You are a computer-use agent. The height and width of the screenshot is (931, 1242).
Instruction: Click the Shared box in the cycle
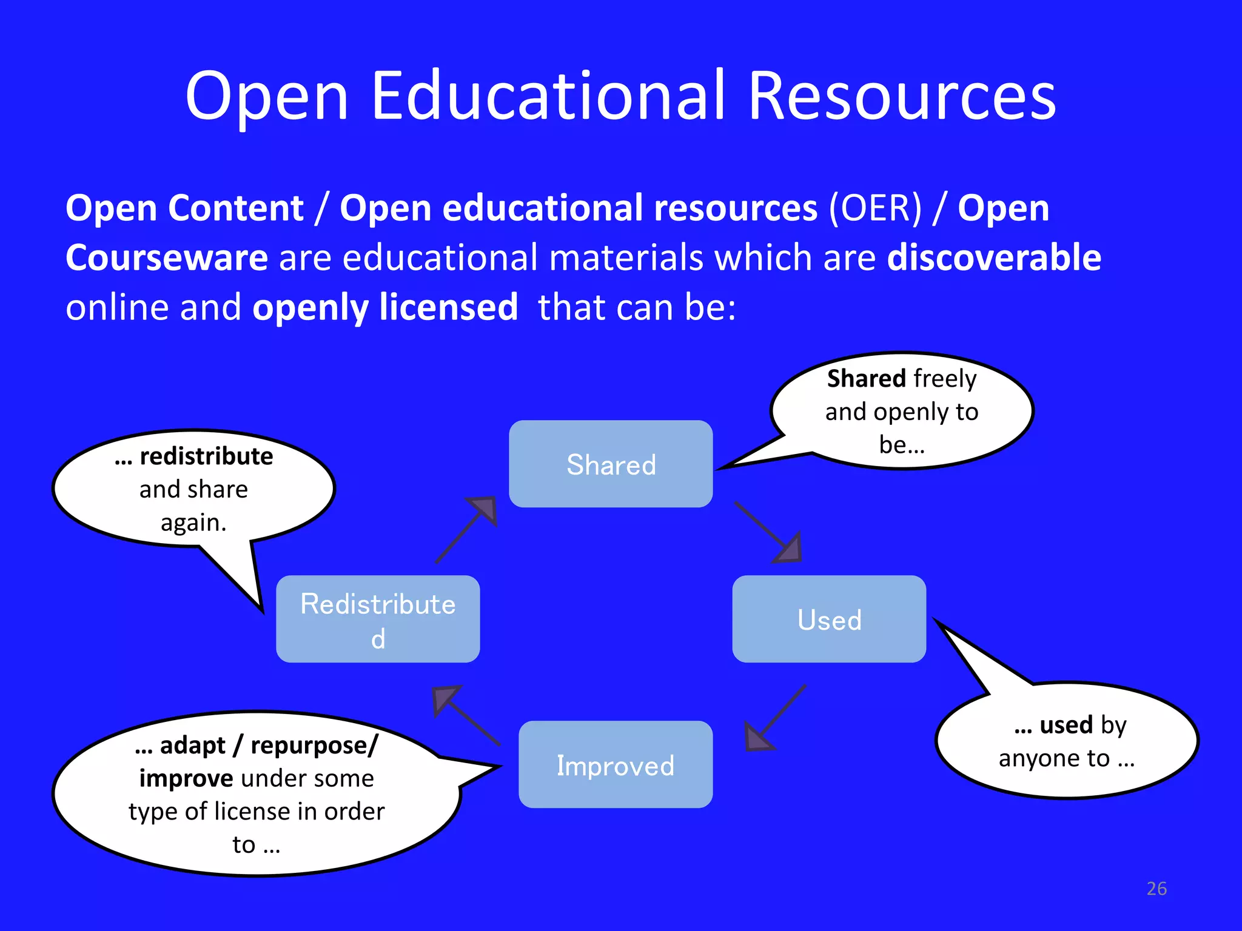click(x=611, y=464)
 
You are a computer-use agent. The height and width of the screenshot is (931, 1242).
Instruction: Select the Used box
click(x=829, y=619)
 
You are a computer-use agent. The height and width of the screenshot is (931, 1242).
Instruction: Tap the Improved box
click(x=616, y=764)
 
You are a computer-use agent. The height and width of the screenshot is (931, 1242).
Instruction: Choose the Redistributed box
click(x=378, y=619)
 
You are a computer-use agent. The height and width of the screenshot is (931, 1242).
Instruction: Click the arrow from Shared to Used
click(x=769, y=533)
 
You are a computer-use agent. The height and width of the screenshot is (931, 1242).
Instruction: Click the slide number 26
click(x=1156, y=889)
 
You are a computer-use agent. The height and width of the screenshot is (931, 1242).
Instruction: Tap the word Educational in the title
click(x=548, y=96)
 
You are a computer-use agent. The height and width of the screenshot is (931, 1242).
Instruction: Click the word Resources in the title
click(x=902, y=96)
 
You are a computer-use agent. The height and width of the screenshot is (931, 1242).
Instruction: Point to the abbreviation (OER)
click(x=876, y=209)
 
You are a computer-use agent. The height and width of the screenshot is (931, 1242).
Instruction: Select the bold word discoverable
click(x=994, y=258)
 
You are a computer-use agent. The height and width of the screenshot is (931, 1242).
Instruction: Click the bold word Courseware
click(x=167, y=258)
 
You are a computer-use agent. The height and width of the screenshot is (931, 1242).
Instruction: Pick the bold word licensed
click(x=449, y=307)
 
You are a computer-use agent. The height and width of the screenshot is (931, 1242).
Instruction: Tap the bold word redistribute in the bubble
click(x=206, y=456)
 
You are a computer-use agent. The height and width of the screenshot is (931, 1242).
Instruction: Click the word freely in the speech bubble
click(x=945, y=379)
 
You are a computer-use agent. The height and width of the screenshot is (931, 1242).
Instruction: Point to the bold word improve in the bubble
click(x=186, y=778)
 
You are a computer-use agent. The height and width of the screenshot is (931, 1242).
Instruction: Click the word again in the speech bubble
click(x=193, y=522)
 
